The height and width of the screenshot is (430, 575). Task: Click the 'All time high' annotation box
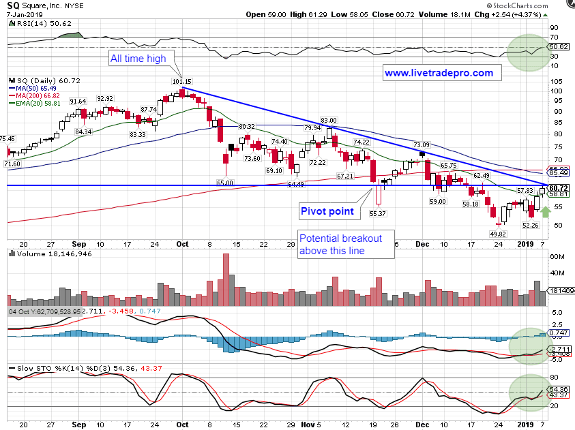138,59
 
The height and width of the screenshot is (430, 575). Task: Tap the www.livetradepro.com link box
439,73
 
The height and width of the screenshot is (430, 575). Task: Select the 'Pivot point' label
327,211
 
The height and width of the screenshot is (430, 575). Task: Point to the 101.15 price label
182,82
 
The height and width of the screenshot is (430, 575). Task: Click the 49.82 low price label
499,234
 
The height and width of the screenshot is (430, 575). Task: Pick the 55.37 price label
379,213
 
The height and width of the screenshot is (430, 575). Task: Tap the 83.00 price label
329,121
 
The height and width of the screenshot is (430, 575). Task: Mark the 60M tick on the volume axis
557,258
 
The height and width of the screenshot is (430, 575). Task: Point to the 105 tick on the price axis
557,80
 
